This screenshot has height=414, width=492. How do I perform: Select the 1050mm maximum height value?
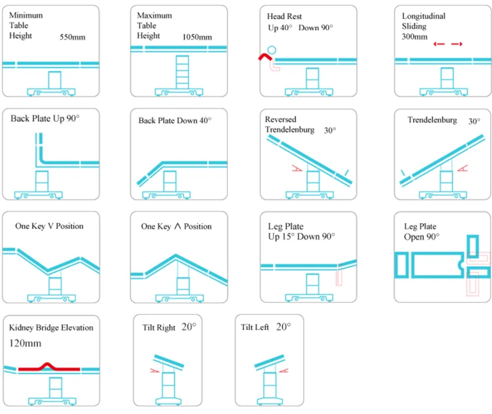tap(197, 37)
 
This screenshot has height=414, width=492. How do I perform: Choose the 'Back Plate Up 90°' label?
tap(45, 119)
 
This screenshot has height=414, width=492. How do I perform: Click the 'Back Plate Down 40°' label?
tap(175, 121)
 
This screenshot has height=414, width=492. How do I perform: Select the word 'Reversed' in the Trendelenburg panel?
tap(281, 119)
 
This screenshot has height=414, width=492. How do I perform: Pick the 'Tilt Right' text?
tap(159, 327)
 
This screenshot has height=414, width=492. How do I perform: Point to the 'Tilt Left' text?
tap(255, 327)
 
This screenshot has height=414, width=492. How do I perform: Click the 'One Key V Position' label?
tap(49, 226)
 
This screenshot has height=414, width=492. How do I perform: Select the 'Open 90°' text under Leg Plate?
tap(422, 237)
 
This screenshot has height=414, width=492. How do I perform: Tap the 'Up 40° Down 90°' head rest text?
tap(300, 28)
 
